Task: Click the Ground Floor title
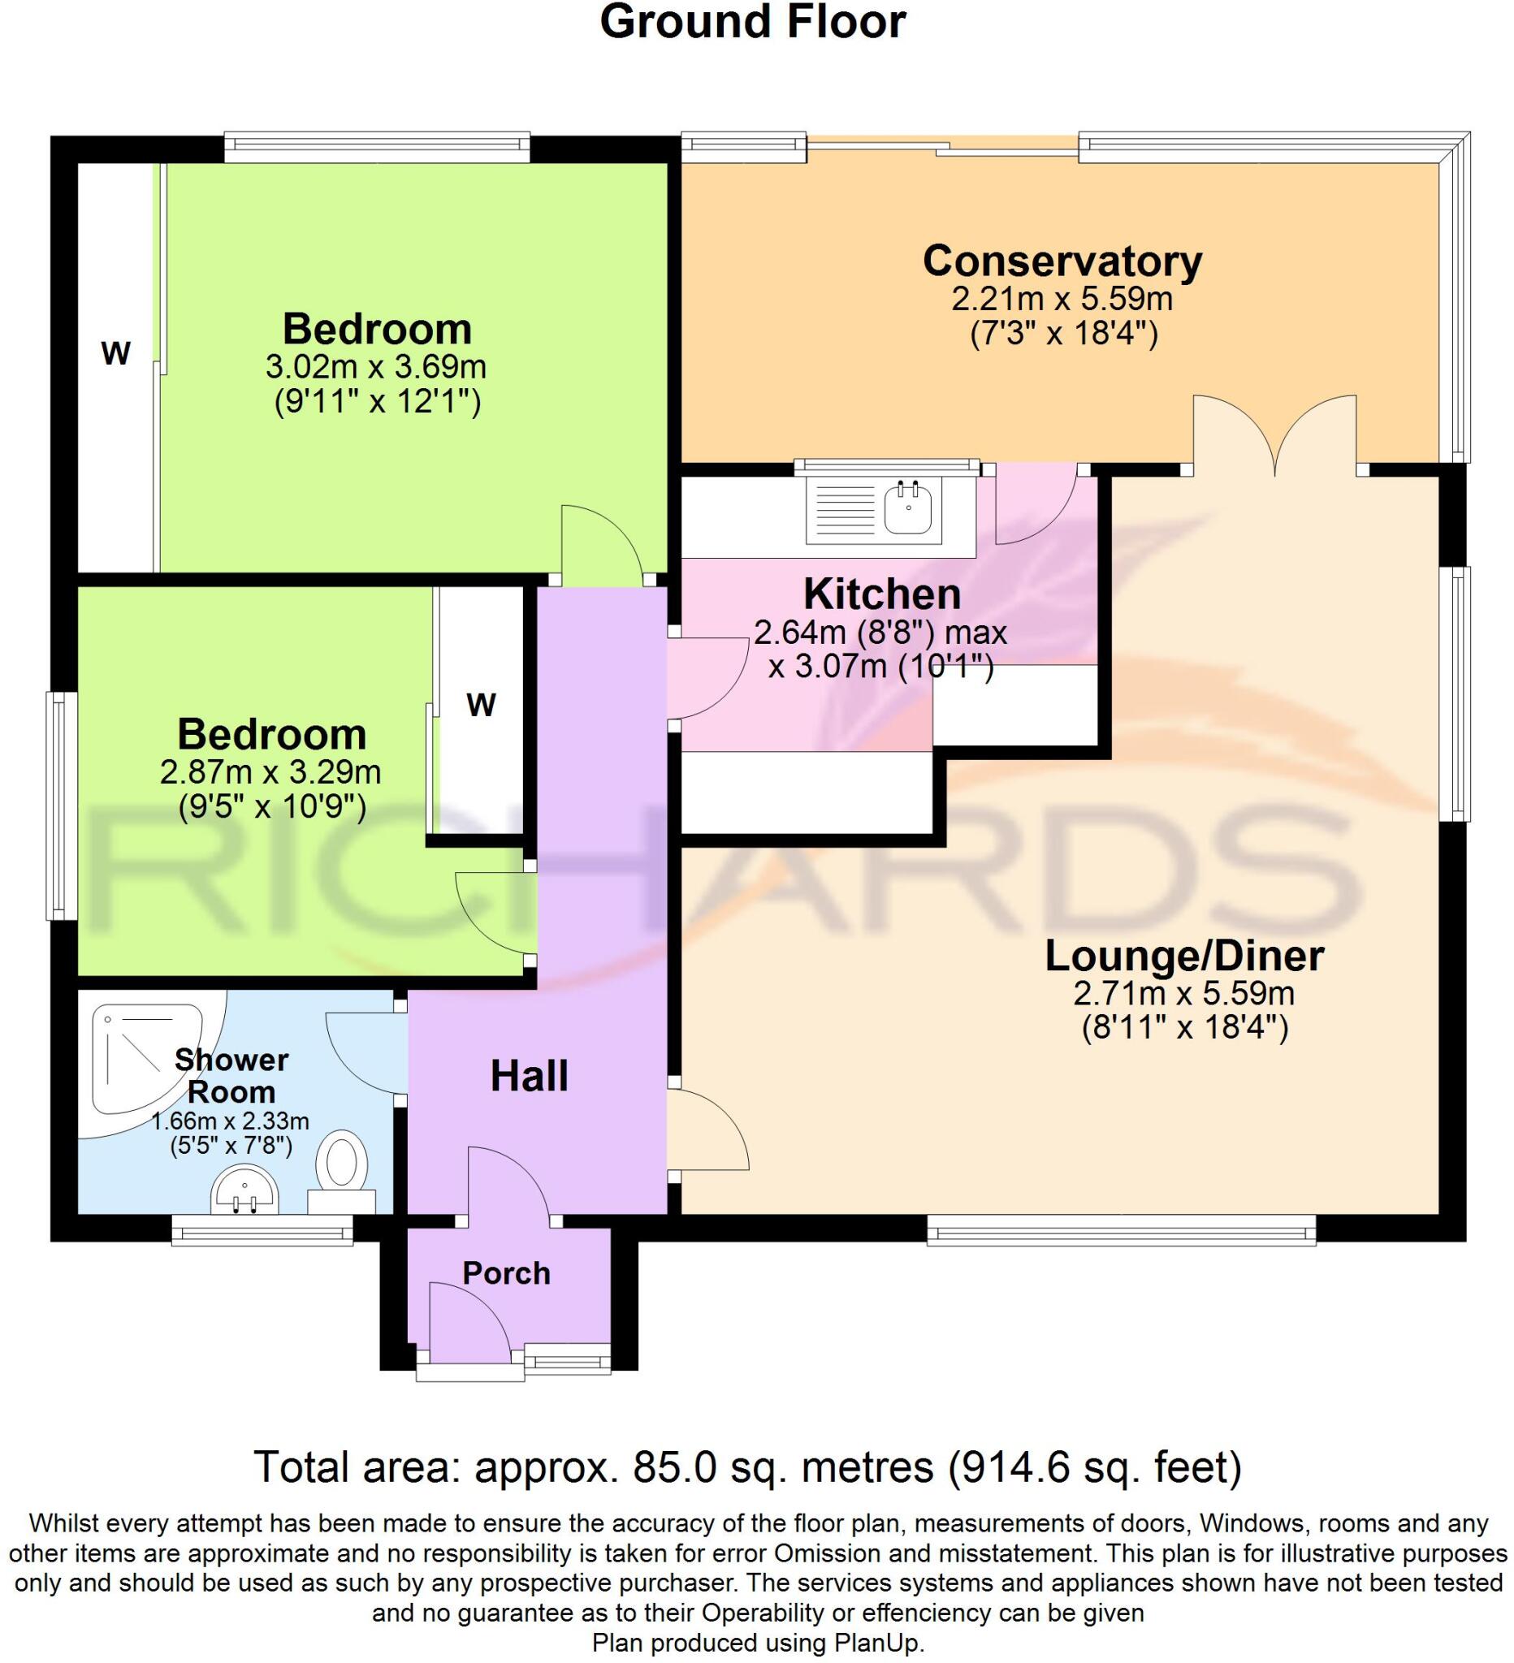coord(752,22)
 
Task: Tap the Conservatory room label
coord(1062,261)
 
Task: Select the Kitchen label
coord(882,594)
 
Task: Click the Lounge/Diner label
coord(1185,956)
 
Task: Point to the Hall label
coord(529,1077)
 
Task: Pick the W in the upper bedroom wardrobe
coord(115,354)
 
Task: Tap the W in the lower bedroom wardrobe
coord(481,706)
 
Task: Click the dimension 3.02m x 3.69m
coord(376,366)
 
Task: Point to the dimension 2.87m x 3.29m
coord(270,772)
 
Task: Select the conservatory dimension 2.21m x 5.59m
coord(1062,299)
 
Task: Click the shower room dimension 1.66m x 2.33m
coord(230,1122)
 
